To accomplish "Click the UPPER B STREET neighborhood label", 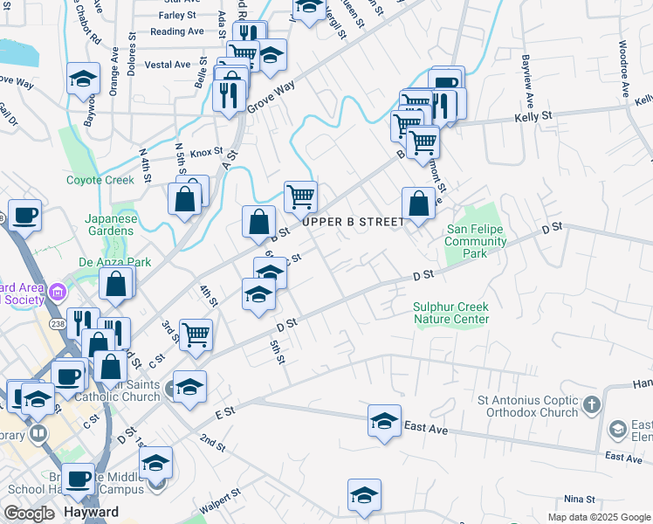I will (354, 222).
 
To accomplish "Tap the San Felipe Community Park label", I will (477, 242).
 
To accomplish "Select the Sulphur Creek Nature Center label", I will (451, 313).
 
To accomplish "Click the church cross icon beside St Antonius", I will (593, 404).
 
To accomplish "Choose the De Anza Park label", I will (114, 262).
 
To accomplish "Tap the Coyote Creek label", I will (100, 181).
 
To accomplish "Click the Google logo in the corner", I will (29, 514).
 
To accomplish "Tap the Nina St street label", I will (579, 500).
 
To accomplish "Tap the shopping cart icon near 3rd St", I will (196, 334).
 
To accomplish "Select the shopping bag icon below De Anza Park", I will (116, 284).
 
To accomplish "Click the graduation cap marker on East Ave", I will (385, 420).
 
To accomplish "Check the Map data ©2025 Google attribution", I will (599, 517).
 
